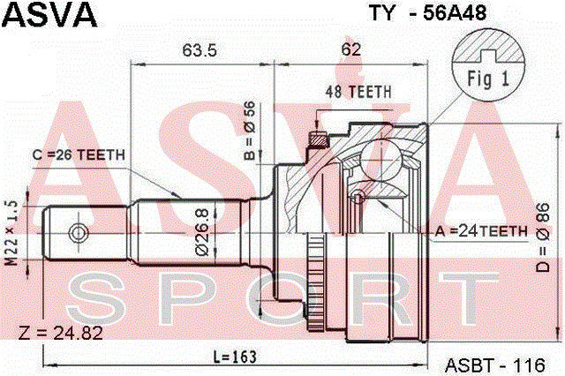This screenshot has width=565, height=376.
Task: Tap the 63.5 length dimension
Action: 200,49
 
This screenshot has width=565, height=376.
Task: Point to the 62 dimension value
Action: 350,49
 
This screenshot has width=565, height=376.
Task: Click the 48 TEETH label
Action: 359,93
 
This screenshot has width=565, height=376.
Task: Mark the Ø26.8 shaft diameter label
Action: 201,232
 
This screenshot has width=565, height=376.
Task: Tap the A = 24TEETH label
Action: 480,230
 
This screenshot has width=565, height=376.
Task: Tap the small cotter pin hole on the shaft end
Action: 79,233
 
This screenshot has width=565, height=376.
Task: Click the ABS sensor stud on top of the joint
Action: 317,139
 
